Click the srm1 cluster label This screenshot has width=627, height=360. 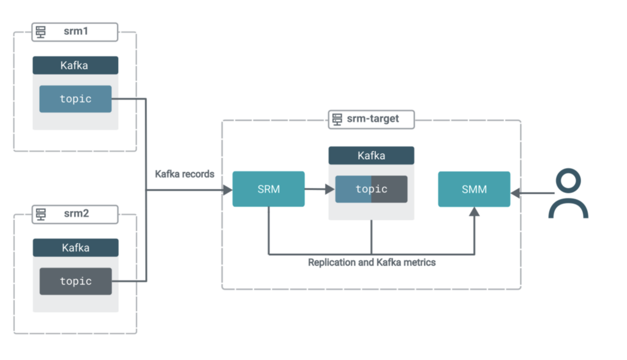click(x=76, y=31)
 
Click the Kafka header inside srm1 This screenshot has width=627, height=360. click(x=75, y=66)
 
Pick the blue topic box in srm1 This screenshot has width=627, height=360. click(x=75, y=99)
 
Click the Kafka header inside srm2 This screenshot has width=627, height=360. click(x=75, y=247)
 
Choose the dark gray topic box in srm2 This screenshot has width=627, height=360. click(x=75, y=281)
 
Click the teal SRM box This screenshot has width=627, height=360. click(x=268, y=189)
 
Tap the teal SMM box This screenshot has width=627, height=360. click(x=474, y=189)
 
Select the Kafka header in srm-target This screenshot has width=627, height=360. click(x=371, y=156)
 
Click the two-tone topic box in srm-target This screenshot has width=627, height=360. click(x=371, y=189)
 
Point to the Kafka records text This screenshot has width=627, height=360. click(x=184, y=174)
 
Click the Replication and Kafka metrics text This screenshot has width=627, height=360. click(x=372, y=263)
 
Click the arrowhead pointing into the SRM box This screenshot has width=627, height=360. click(x=228, y=190)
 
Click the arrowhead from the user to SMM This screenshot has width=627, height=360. click(x=516, y=193)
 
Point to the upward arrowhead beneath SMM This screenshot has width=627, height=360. click(x=474, y=212)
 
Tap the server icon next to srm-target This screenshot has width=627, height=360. click(x=336, y=119)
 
